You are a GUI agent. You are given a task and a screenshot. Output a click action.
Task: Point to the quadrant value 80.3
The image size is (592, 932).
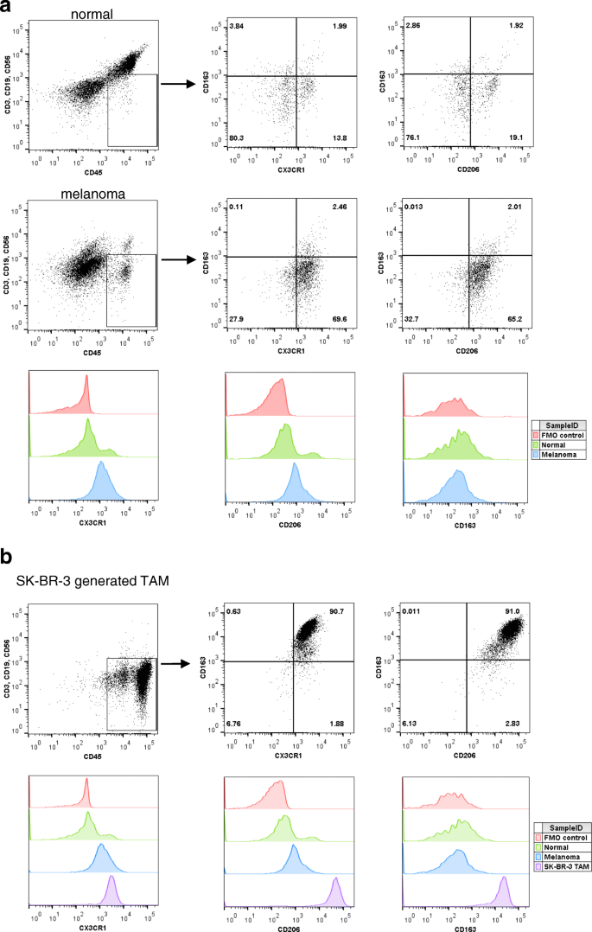(x=238, y=137)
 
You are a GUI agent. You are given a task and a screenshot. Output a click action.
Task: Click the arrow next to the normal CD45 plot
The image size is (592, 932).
(x=176, y=84)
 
